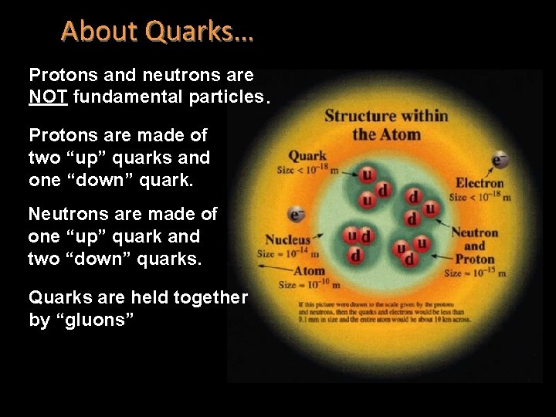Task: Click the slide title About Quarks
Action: click(x=157, y=31)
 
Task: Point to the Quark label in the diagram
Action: click(x=307, y=156)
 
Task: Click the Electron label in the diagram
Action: click(x=479, y=183)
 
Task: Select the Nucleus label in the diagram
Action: click(x=287, y=239)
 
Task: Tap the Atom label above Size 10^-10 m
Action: click(x=309, y=271)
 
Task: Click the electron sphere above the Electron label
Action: click(x=499, y=161)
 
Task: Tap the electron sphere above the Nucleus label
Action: click(x=295, y=214)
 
